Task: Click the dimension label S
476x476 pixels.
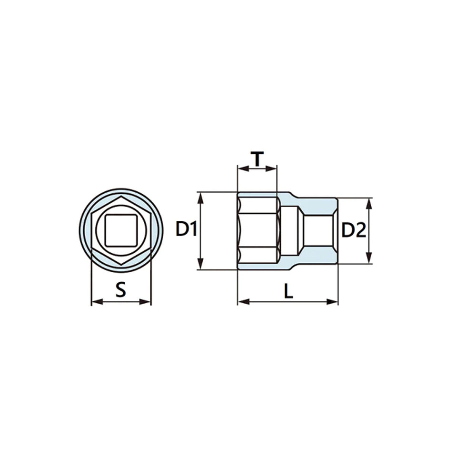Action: click(x=121, y=289)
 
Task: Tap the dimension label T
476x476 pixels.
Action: click(x=258, y=159)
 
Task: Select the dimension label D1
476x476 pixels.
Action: click(x=187, y=229)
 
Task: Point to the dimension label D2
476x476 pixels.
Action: click(x=354, y=230)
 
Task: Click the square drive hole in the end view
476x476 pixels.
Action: click(x=121, y=230)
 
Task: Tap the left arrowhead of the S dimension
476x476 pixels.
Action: click(x=97, y=302)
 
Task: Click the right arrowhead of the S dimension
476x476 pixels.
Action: click(x=145, y=302)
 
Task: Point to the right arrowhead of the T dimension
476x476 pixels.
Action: click(x=271, y=169)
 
